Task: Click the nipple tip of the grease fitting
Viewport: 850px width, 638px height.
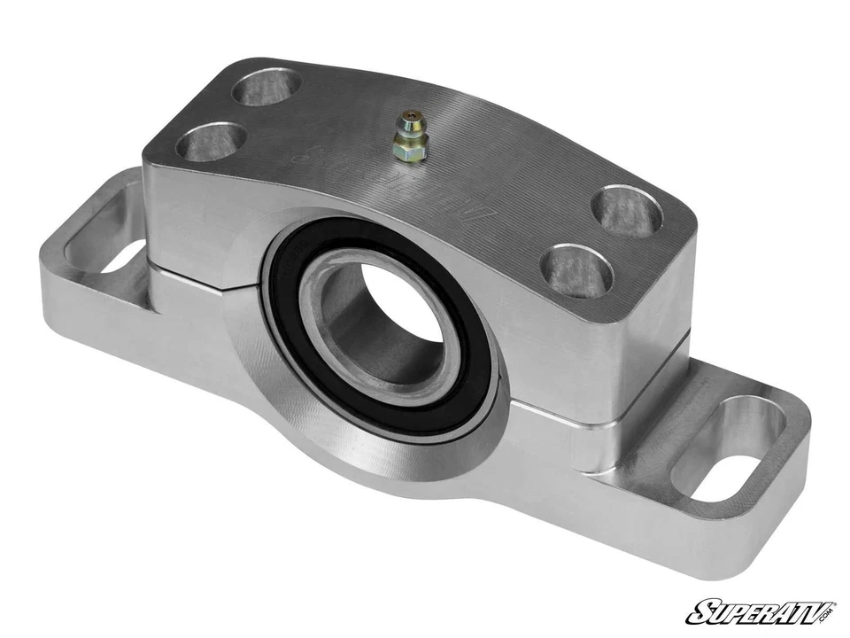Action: click(409, 117)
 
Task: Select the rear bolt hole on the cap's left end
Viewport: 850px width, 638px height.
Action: click(266, 87)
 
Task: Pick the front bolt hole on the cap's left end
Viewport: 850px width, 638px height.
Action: click(212, 142)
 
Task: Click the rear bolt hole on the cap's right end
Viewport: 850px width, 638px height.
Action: click(627, 210)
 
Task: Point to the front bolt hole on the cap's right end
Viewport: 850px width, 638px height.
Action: click(576, 270)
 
